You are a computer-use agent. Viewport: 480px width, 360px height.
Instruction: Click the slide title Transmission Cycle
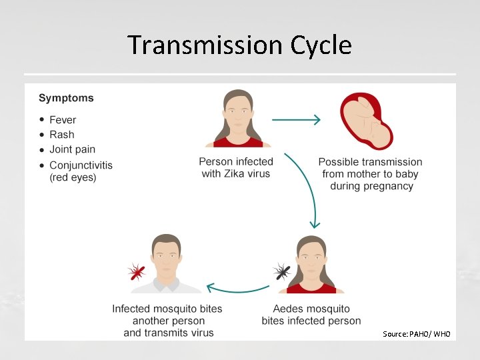click(239, 45)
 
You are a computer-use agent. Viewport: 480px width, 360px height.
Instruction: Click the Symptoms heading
click(66, 98)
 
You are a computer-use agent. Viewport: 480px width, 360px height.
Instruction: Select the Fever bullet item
click(63, 120)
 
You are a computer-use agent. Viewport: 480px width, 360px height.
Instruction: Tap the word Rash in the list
click(62, 135)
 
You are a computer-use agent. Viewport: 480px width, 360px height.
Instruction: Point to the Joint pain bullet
click(72, 149)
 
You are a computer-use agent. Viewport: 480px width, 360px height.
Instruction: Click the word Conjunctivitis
click(81, 165)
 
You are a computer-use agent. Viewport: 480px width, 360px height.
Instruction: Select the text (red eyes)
click(73, 177)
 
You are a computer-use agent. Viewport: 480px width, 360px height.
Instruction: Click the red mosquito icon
click(137, 271)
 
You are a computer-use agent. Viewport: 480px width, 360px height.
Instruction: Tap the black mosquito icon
click(282, 271)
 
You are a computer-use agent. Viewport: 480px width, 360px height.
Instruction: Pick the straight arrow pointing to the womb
click(296, 120)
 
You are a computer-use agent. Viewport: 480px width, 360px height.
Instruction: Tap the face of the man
click(166, 257)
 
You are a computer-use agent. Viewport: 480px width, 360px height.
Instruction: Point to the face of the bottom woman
click(311, 259)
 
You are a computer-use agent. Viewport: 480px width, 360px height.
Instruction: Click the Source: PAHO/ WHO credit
click(417, 333)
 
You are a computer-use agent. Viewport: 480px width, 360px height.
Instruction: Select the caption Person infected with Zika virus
click(236, 167)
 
